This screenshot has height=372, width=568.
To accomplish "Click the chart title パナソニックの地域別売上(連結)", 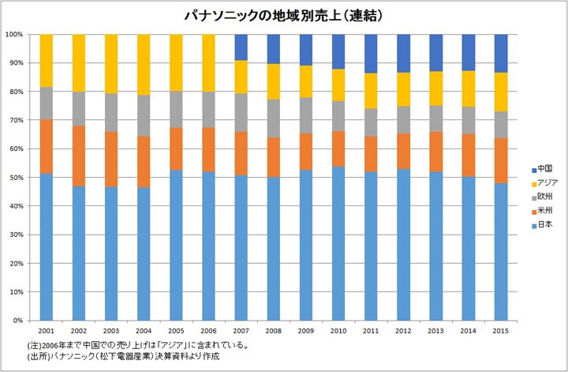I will click(x=283, y=15).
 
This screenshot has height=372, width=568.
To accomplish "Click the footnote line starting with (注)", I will click(x=138, y=346).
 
